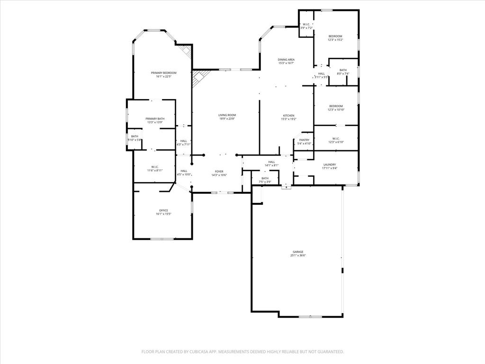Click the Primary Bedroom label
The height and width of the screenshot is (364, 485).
pos(163,73)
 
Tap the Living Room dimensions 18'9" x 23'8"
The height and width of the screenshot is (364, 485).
pos(227,119)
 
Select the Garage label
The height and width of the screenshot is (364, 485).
pos(297,252)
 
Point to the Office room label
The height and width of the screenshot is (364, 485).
pos(163,210)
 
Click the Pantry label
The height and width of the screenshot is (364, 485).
pos(304,140)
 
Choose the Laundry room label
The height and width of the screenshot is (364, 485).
pos(329,164)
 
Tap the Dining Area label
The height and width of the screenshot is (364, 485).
pos(286,59)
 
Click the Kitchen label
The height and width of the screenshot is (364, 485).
pos(288,115)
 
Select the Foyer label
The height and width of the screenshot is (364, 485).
pos(219,171)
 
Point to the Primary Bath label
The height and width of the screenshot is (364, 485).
pos(155,118)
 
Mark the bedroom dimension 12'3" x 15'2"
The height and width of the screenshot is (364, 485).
pos(335,40)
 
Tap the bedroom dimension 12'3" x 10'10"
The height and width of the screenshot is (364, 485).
pos(336,109)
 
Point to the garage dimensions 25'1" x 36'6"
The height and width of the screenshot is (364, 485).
pos(297,255)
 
